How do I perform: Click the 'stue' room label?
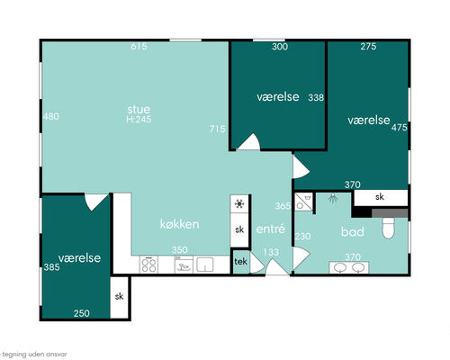(x=139, y=109)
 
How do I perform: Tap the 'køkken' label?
(x=179, y=224)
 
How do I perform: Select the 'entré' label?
(x=270, y=229)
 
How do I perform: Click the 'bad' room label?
(x=353, y=231)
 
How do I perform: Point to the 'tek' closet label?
(x=240, y=262)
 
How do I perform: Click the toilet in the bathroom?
(x=389, y=228)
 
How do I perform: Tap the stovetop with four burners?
(x=148, y=265)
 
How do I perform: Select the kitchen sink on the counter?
(x=205, y=265)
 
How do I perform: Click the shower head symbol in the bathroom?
(x=332, y=197)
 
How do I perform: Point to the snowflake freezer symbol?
(x=239, y=204)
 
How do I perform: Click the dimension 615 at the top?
(x=139, y=47)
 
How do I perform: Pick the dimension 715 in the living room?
(x=217, y=129)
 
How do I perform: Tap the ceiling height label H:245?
(x=139, y=119)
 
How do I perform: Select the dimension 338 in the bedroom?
(x=316, y=97)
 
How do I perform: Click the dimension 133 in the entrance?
(x=271, y=252)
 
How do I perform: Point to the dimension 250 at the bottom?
(x=82, y=313)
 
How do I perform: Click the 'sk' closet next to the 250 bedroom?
(x=120, y=297)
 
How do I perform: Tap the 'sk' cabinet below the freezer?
(x=239, y=229)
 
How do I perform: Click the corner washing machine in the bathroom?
(x=303, y=202)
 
